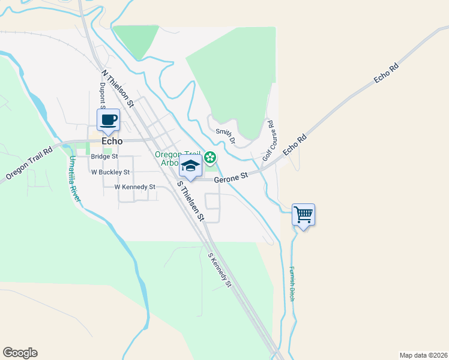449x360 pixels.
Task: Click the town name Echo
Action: pos(112,142)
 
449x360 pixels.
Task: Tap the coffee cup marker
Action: pos(109,120)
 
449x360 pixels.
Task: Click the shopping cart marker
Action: pos(304,215)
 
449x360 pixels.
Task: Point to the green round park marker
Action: pos(210,158)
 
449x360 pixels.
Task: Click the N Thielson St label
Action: pos(118,89)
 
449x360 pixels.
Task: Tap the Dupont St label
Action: pos(103,95)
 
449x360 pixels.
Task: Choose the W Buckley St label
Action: pos(110,172)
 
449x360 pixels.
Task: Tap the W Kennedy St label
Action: pos(135,187)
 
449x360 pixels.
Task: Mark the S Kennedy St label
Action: pos(220,269)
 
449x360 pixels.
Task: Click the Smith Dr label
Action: pos(226,136)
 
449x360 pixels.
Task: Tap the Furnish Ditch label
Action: pos(292,284)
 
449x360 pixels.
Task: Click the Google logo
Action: pos(20,353)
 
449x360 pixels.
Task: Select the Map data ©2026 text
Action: pos(423,355)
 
